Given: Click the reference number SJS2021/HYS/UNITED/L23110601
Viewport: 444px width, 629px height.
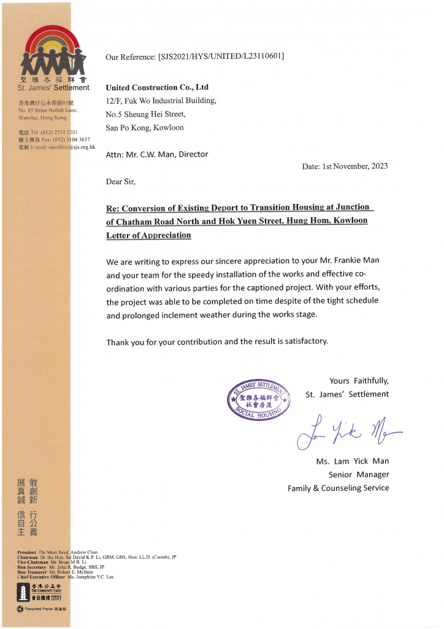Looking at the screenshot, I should pyautogui.click(x=221, y=57).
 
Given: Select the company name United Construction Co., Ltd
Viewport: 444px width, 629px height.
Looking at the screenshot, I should pyautogui.click(x=157, y=87).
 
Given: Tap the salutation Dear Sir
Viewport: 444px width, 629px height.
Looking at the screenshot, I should pyautogui.click(x=121, y=182).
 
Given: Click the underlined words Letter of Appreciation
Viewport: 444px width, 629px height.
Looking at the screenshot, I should pyautogui.click(x=148, y=235).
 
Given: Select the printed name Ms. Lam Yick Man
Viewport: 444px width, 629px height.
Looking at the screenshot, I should pyautogui.click(x=353, y=461).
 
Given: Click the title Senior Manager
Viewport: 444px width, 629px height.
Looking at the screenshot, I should pyautogui.click(x=359, y=475).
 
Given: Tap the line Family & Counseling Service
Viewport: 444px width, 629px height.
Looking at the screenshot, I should pyautogui.click(x=339, y=488).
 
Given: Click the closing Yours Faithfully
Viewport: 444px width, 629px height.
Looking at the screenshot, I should pyautogui.click(x=359, y=380).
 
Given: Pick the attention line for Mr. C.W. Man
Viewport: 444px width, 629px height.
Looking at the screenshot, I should pyautogui.click(x=157, y=155).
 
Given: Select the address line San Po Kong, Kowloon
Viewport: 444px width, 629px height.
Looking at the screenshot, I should pyautogui.click(x=145, y=128).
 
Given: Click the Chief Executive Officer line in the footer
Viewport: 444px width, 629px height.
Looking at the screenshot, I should pyautogui.click(x=66, y=577).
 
